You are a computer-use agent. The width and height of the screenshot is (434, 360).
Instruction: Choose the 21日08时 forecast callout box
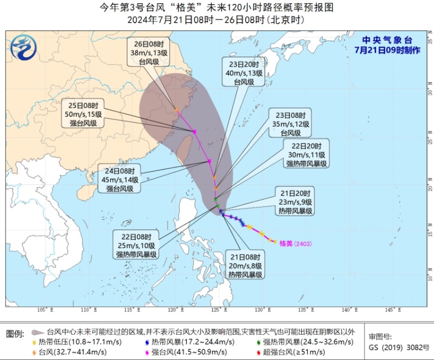(244, 265)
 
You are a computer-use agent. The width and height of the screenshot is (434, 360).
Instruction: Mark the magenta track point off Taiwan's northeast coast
(194, 131)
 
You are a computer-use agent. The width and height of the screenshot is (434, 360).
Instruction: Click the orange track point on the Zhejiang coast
(176, 110)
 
